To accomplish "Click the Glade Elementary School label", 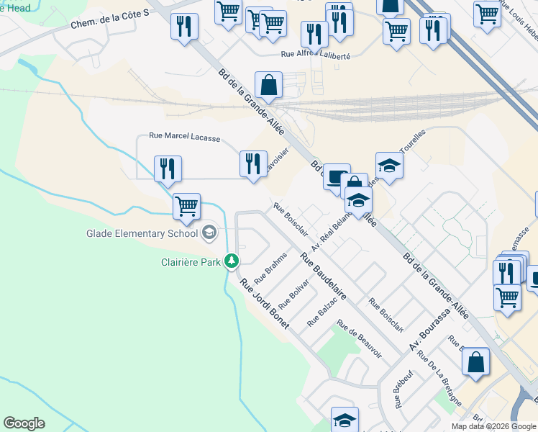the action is pyautogui.click(x=142, y=233).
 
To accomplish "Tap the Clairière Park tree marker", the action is pyautogui.click(x=232, y=261).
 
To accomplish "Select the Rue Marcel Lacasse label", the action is pyautogui.click(x=184, y=135).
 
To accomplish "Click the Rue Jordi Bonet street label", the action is pyautogui.click(x=264, y=304).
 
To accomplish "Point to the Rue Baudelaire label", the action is pyautogui.click(x=324, y=276).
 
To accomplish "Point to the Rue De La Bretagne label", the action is pyautogui.click(x=439, y=379).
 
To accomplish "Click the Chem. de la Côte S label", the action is pyautogui.click(x=109, y=19).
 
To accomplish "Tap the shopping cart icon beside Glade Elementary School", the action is pyautogui.click(x=186, y=206).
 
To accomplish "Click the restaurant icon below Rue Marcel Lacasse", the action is pyautogui.click(x=168, y=169).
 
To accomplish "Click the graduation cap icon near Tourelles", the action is pyautogui.click(x=389, y=165).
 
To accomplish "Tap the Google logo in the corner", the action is pyautogui.click(x=24, y=423).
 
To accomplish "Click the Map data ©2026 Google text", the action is pyautogui.click(x=493, y=426).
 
